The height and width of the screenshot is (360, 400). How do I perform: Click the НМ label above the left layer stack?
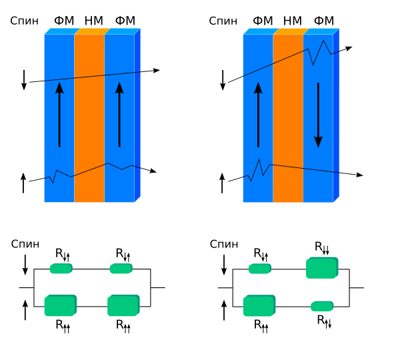coord(93,21)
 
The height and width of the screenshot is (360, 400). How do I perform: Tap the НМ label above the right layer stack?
coord(293,21)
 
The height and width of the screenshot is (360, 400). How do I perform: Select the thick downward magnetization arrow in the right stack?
coord(318,115)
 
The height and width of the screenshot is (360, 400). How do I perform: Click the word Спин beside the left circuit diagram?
coord(25,244)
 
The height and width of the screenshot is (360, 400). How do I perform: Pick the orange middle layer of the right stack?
coord(288,118)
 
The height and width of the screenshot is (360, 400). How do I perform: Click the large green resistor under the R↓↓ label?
coord(322,267)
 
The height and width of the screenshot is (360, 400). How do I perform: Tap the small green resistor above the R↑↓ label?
coord(322,306)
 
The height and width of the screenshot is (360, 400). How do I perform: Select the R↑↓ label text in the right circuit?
coord(324,321)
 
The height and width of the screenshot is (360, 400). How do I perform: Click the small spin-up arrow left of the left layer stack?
coord(23,183)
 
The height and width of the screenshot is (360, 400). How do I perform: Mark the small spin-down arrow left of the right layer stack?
coord(223,80)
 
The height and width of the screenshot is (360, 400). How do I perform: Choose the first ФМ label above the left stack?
coord(64,21)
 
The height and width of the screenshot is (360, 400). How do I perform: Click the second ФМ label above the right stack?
coord(324,21)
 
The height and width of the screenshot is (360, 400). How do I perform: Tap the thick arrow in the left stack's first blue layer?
coord(59,115)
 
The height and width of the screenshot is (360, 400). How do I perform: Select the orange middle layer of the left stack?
coord(89,118)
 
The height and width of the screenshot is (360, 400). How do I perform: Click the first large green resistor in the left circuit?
coord(61,305)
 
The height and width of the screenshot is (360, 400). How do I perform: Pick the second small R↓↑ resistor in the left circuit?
coord(121,269)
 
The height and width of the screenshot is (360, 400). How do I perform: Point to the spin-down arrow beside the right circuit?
coord(224,265)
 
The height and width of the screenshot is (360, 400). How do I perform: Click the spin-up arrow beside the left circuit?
coord(25,310)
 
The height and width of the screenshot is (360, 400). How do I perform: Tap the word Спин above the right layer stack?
coord(223,21)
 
